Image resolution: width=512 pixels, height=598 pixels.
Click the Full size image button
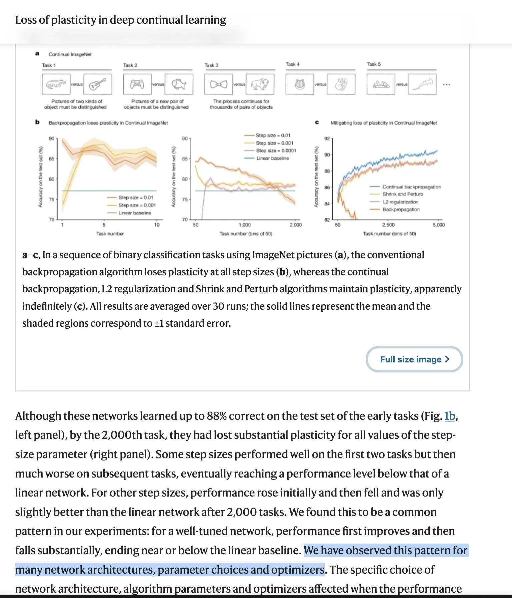tap(414, 359)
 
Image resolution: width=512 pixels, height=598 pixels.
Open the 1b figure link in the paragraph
tap(450, 416)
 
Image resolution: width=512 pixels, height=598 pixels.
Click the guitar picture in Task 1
tap(98, 84)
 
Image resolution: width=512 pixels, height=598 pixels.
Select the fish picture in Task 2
tap(179, 84)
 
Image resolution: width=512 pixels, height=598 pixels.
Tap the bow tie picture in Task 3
tap(219, 84)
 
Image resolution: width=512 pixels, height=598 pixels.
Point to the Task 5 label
tap(374, 64)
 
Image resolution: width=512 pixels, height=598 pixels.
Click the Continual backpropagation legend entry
tap(411, 187)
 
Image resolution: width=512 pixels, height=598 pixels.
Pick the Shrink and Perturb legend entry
tap(403, 194)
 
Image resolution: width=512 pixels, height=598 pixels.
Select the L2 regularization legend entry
tap(400, 202)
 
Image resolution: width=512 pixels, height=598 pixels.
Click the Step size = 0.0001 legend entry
tap(276, 151)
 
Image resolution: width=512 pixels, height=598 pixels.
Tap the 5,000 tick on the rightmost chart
tap(439, 225)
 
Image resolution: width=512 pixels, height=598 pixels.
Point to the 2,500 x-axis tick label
tap(388, 225)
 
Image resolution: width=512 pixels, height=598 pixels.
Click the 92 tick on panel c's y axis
tap(327, 138)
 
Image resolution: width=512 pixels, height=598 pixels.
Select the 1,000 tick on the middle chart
tap(245, 225)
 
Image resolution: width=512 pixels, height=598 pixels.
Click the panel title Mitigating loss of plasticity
tap(384, 123)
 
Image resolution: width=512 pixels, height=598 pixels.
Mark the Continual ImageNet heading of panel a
tap(70, 54)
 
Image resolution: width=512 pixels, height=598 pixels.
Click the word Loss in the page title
tap(26, 20)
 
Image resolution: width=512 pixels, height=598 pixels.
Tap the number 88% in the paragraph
tap(217, 416)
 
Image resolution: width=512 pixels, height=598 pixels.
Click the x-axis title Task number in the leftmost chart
tap(110, 234)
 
